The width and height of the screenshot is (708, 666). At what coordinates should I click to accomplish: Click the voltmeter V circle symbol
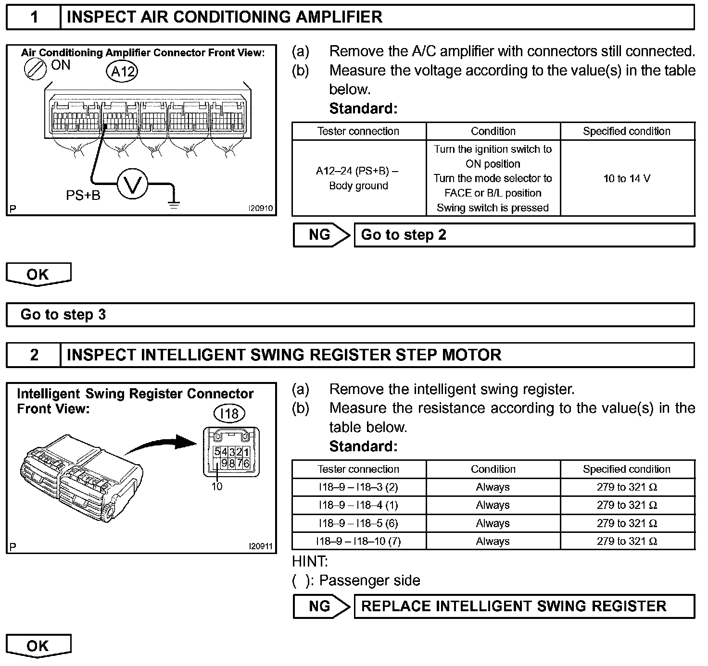click(132, 183)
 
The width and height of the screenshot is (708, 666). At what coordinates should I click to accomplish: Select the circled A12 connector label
click(122, 72)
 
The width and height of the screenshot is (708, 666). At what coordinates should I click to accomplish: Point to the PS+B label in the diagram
click(83, 195)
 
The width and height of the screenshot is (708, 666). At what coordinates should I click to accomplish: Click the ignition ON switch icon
click(36, 70)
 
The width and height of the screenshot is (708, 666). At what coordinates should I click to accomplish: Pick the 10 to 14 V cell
click(627, 179)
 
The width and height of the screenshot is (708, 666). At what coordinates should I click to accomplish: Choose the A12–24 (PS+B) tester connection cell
click(358, 178)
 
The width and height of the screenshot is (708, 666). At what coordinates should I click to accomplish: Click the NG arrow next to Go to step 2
click(321, 235)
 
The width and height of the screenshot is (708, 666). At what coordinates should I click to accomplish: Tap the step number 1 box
click(34, 17)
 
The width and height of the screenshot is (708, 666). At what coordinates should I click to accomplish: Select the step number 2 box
click(34, 355)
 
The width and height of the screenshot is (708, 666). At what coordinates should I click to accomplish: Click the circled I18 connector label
click(229, 413)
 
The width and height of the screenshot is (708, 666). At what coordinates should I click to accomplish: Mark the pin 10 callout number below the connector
click(217, 486)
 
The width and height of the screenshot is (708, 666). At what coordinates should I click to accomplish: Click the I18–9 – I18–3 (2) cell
click(358, 487)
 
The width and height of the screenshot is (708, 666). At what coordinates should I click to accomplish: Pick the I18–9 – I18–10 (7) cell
click(358, 542)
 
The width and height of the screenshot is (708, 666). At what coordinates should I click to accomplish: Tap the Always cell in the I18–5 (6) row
click(493, 523)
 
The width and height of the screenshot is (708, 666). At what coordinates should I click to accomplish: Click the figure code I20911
click(260, 546)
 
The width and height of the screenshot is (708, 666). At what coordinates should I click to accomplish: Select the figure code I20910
click(260, 209)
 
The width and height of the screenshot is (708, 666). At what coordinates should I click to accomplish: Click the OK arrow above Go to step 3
click(38, 274)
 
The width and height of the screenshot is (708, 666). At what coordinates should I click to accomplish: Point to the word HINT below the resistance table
click(310, 561)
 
